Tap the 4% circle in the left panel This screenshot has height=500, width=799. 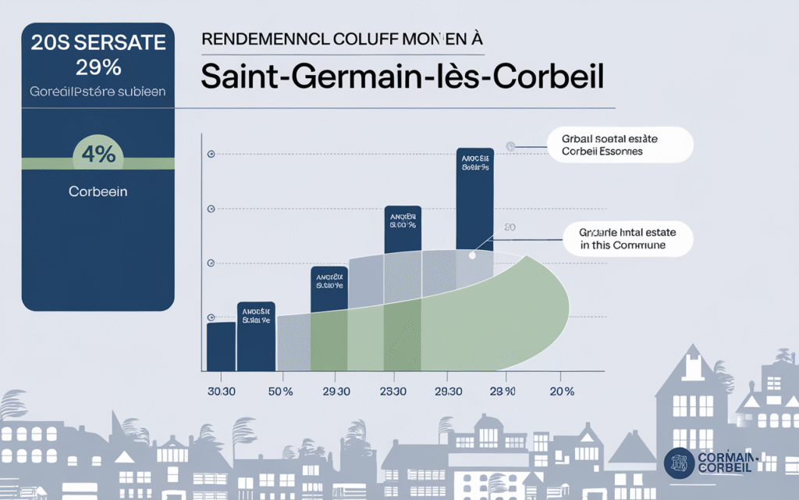(x=98, y=154)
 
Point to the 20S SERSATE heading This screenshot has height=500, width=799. (x=98, y=44)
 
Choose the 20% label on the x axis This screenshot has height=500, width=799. (x=562, y=391)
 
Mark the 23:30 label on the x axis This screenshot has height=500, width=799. (x=392, y=391)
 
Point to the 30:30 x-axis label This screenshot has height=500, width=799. (x=222, y=391)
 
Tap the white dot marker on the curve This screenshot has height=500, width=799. (x=472, y=255)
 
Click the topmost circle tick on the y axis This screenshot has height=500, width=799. (x=210, y=155)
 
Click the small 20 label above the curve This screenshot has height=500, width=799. (x=510, y=227)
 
